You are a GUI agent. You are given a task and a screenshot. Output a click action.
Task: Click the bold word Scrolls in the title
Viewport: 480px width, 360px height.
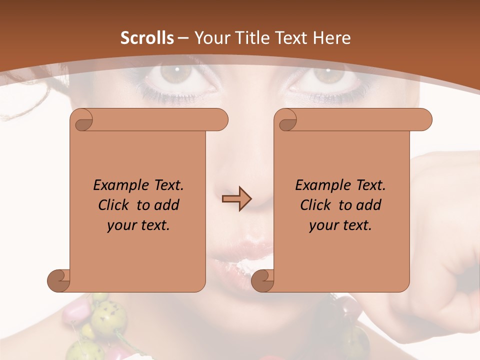[147, 38]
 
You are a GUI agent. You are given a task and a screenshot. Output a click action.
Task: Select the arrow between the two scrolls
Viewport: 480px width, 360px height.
[237, 199]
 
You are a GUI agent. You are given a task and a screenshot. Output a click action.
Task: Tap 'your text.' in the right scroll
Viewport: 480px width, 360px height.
[340, 225]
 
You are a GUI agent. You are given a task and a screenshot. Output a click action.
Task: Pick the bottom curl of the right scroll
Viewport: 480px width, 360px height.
[263, 280]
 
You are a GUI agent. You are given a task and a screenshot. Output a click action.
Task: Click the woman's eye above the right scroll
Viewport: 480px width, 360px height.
[327, 77]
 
